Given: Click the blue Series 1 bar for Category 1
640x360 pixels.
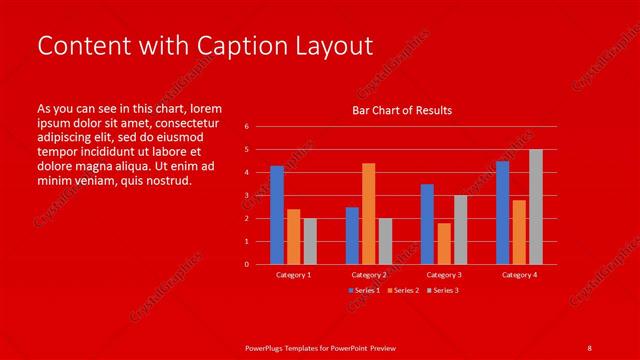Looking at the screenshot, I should click(x=277, y=215).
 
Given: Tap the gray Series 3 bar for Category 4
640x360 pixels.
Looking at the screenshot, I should click(x=536, y=207).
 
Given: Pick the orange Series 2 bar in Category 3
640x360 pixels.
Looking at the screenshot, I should click(x=444, y=243).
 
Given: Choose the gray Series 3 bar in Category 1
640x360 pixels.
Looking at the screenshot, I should click(x=310, y=241).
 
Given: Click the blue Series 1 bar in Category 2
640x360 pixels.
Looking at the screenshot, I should click(x=352, y=235).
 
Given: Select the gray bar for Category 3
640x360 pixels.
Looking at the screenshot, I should click(x=460, y=229).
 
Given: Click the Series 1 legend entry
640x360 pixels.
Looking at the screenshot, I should click(x=364, y=290).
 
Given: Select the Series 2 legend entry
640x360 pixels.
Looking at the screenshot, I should click(x=403, y=290).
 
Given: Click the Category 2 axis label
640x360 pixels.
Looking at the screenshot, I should click(x=368, y=274).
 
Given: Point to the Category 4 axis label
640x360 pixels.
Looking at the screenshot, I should click(x=519, y=274).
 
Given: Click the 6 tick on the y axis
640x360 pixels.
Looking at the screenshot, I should click(x=246, y=127).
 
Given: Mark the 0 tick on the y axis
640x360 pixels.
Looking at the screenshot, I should click(x=246, y=264).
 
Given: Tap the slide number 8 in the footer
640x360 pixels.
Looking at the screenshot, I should click(x=589, y=347).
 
